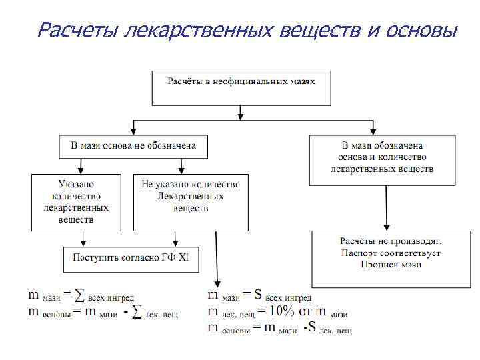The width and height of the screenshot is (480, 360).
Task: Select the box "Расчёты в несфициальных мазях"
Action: [x=241, y=88]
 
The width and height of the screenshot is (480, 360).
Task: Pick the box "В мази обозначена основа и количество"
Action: [x=382, y=160]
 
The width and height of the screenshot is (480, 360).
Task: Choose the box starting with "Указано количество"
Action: [x=76, y=202]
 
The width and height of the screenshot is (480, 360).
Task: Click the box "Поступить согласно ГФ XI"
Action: [x=131, y=259]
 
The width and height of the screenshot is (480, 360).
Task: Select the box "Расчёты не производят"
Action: [x=391, y=259]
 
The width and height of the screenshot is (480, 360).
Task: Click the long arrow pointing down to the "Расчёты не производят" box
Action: [x=387, y=207]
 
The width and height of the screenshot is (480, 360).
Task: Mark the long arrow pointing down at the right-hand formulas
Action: [x=217, y=260]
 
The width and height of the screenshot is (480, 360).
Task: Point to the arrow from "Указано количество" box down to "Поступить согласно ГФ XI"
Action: [x=82, y=239]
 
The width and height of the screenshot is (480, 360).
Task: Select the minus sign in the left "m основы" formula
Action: [x=125, y=312]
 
